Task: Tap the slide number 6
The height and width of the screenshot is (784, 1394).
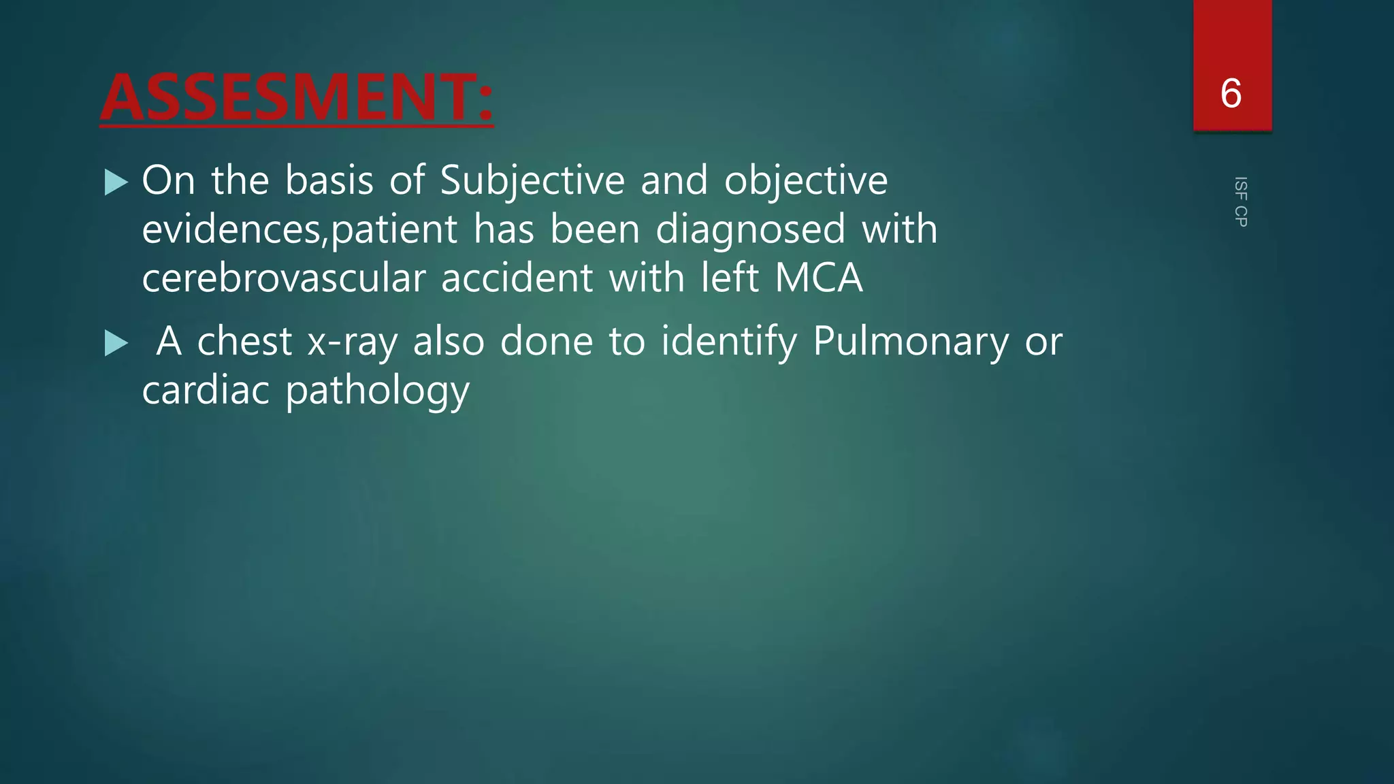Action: click(x=1231, y=93)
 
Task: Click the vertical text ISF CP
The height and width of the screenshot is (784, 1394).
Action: click(x=1240, y=201)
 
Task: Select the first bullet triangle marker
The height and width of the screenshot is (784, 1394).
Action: click(x=116, y=182)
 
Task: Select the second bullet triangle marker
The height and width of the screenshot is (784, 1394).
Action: click(x=116, y=343)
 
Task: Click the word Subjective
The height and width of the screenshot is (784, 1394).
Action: click(x=532, y=181)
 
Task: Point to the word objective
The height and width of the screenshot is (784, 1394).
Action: click(x=806, y=181)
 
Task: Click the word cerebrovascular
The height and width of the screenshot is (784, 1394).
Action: click(x=283, y=278)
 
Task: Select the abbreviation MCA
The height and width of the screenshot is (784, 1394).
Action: click(x=819, y=278)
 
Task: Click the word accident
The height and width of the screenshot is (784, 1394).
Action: click(x=517, y=278)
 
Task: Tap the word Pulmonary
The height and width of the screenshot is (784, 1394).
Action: click(x=911, y=342)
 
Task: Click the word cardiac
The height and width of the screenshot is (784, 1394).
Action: click(x=206, y=391)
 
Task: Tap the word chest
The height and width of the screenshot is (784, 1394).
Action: click(x=244, y=342)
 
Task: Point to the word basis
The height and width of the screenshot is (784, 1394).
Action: click(x=329, y=181)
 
